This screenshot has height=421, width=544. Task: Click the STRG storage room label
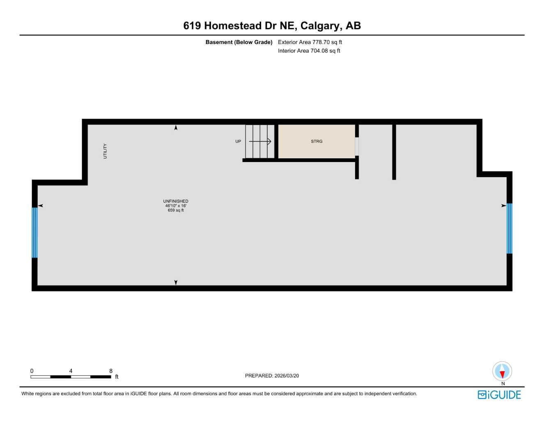coord(317,141)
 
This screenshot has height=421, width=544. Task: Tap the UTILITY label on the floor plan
coord(105,151)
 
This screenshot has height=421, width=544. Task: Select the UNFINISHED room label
coord(176,201)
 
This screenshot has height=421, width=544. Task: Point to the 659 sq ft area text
coord(176,210)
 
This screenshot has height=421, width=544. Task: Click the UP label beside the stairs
coord(238,141)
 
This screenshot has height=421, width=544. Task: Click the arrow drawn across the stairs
coord(260,141)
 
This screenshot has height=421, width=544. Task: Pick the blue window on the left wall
coord(35,232)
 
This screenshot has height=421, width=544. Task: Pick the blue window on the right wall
coord(509,228)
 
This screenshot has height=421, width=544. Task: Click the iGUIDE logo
coord(499,395)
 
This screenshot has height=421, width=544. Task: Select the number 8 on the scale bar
coord(111,371)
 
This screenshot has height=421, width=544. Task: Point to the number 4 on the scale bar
coord(71,371)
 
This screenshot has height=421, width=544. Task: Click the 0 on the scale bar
coord(32,371)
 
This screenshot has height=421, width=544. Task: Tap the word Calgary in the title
coord(320,25)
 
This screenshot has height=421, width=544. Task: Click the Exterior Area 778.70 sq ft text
coord(310,42)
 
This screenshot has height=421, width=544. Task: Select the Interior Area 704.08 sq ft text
coord(309,51)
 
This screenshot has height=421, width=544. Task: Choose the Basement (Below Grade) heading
coord(239,42)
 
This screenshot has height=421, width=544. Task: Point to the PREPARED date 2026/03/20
coord(272,375)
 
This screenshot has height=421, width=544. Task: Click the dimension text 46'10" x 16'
coord(176,206)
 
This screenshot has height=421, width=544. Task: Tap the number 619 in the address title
coord(192,25)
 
